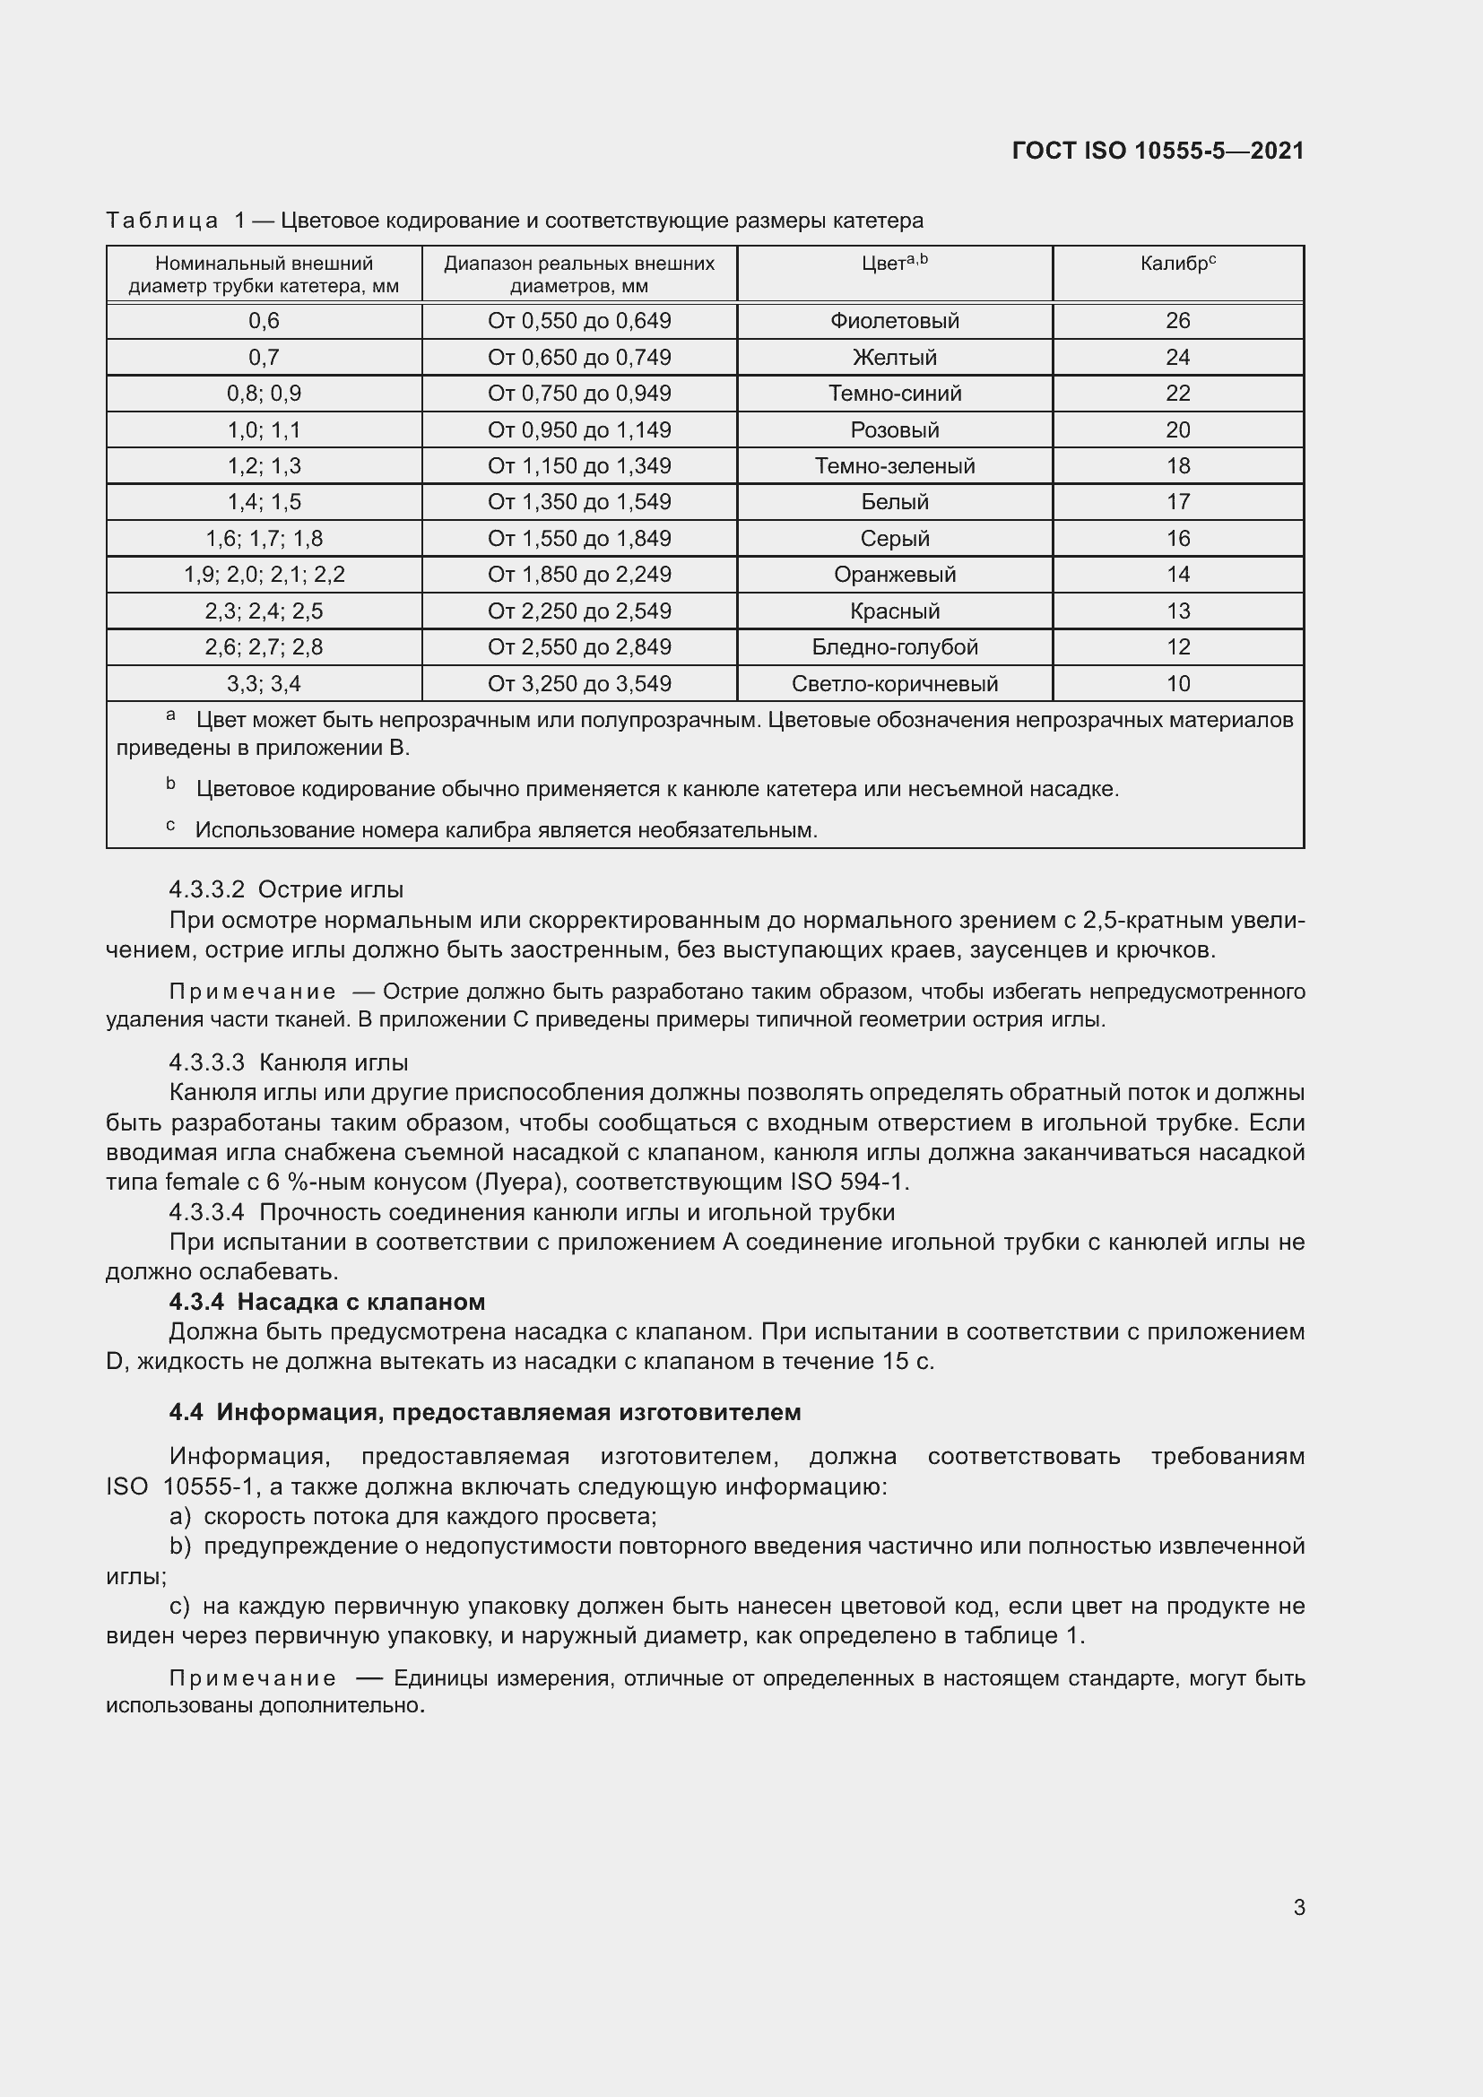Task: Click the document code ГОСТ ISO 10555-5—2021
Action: [x=1157, y=151]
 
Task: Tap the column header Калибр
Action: [x=1177, y=264]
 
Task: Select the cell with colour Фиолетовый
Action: [x=894, y=321]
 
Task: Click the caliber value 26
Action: [x=1177, y=321]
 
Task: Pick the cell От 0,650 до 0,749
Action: [x=579, y=357]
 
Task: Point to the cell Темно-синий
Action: [x=894, y=394]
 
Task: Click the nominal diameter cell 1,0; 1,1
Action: [x=264, y=430]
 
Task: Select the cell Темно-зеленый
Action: [x=894, y=466]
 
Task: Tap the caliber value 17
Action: [x=1177, y=502]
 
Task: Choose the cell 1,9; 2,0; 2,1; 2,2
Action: [x=264, y=575]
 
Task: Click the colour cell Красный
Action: [x=894, y=611]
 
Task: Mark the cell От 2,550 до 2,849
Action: [x=579, y=647]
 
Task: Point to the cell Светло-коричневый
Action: [x=894, y=683]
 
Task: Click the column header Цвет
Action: [x=894, y=264]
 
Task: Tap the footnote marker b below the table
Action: [x=170, y=784]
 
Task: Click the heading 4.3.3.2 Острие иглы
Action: [x=286, y=889]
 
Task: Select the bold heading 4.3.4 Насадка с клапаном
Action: [x=327, y=1302]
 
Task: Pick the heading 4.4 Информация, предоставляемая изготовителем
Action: [x=485, y=1412]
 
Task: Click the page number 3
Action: [x=1298, y=1907]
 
